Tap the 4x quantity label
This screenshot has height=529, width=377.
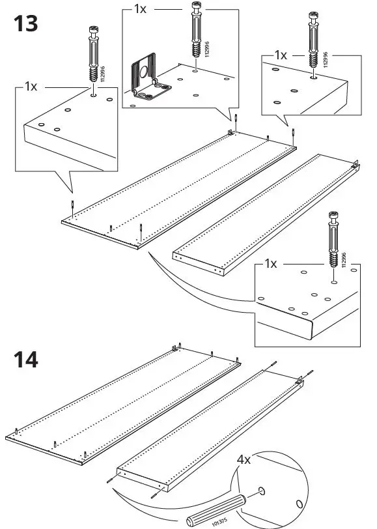pos(244,459)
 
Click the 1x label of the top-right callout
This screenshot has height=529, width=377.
pos(280,56)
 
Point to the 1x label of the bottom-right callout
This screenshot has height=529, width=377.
pos(272,264)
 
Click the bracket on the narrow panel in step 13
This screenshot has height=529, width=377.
pos(356,167)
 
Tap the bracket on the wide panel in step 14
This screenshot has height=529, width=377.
pos(176,349)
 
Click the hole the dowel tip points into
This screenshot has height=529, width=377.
pos(260,490)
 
